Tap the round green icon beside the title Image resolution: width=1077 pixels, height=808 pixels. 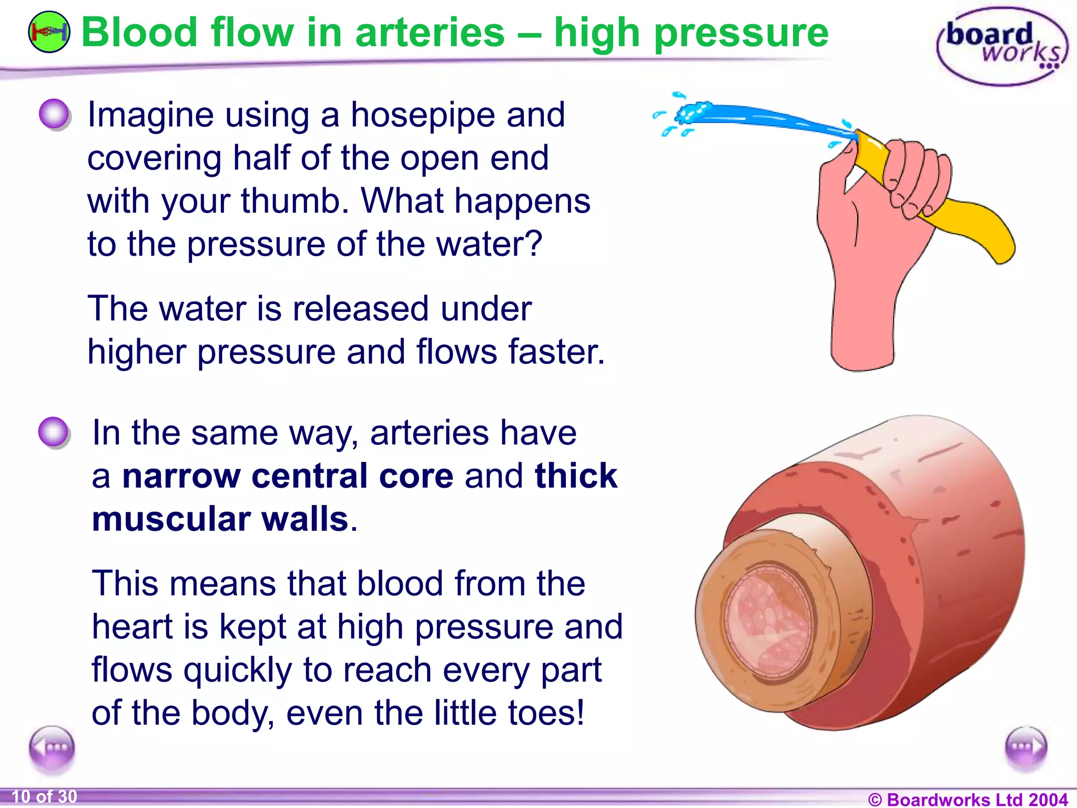(48, 33)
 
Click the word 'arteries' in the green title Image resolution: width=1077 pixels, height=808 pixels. (430, 33)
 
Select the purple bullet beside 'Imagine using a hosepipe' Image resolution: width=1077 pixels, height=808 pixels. (54, 114)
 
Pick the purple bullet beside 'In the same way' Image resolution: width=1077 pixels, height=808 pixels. (54, 432)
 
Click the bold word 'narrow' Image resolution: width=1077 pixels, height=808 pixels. (181, 476)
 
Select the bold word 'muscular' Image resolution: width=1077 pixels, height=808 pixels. (171, 519)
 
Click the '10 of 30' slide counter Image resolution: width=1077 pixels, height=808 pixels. (44, 796)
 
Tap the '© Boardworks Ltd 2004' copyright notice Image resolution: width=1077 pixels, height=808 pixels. (968, 799)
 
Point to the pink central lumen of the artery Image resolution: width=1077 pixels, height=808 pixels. (765, 621)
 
